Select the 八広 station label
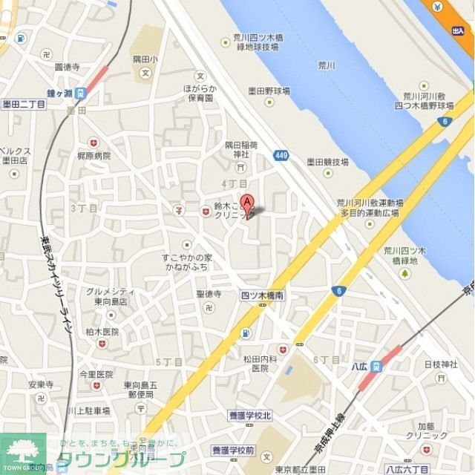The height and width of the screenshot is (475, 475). [x=360, y=365]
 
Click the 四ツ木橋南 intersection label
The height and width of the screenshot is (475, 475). [x=261, y=295]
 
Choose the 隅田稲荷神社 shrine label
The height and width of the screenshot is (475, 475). [x=241, y=149]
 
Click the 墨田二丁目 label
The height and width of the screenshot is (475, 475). [x=24, y=105]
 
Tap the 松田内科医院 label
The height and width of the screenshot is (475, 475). [x=259, y=363]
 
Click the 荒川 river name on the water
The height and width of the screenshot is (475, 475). [x=326, y=66]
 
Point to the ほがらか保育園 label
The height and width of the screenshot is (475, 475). [x=200, y=92]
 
